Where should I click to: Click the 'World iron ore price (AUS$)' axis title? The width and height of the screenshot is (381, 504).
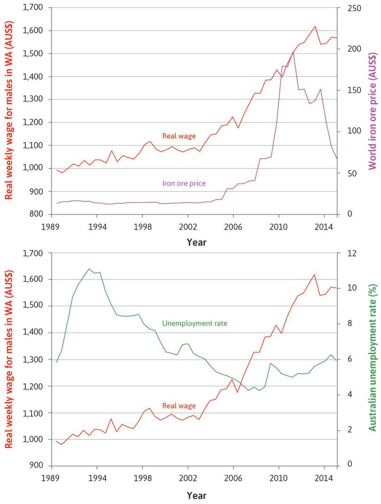click(373, 111)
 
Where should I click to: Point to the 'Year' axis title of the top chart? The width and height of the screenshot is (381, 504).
click(196, 243)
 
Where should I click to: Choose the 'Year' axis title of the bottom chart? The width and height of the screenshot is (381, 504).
click(196, 495)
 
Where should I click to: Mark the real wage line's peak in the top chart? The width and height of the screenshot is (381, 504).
click(315, 26)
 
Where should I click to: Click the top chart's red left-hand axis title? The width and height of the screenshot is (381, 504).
click(9, 111)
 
